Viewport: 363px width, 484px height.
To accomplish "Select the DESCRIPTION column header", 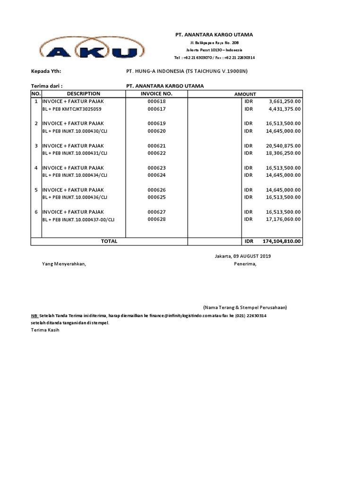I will pyautogui.click(x=84, y=94).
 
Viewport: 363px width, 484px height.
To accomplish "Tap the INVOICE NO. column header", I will pyautogui.click(x=156, y=94).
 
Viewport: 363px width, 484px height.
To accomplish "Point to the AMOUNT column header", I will pyautogui.click(x=245, y=94).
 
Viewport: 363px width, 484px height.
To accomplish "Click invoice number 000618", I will pyautogui.click(x=156, y=101).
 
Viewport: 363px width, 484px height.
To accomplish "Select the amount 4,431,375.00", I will pyautogui.click(x=285, y=109).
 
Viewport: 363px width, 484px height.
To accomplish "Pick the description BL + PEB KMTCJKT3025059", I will pyautogui.click(x=72, y=109).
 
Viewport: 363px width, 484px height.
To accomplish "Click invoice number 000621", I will pyautogui.click(x=156, y=146).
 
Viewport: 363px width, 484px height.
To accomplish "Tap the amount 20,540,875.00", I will pyautogui.click(x=284, y=146).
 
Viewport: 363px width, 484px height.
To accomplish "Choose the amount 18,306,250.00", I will pyautogui.click(x=284, y=153).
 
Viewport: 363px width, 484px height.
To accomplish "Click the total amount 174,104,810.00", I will pyautogui.click(x=282, y=241).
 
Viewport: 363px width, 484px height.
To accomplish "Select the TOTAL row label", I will pyautogui.click(x=109, y=241).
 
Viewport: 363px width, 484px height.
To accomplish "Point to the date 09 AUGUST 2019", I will pyautogui.click(x=251, y=256).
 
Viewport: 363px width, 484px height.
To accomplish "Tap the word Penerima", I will pyautogui.click(x=245, y=264).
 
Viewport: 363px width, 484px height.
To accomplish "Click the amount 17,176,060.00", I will pyautogui.click(x=284, y=219).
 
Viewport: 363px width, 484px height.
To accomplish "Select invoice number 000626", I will pyautogui.click(x=156, y=190).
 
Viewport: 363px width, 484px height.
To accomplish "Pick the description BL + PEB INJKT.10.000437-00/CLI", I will pyautogui.click(x=78, y=219).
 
